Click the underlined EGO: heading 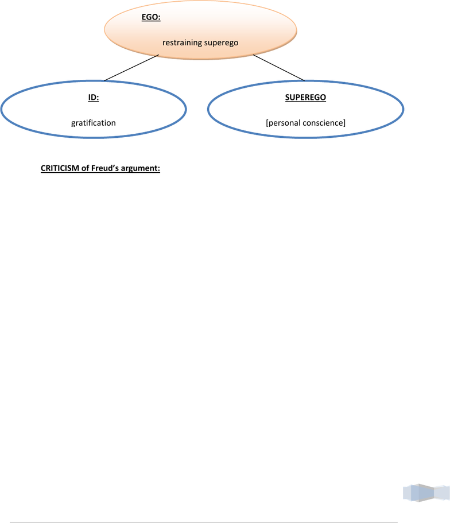(x=151, y=17)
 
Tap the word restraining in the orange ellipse (x=182, y=42)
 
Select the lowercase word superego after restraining (x=221, y=43)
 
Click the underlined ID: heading (x=94, y=98)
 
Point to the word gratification (x=94, y=123)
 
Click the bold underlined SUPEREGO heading (x=305, y=98)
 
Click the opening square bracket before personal (x=267, y=123)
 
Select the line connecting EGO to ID (x=131, y=68)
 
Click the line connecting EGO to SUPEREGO (x=279, y=68)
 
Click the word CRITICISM (x=60, y=168)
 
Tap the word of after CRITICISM (x=86, y=168)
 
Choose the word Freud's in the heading (x=105, y=168)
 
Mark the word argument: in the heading (x=141, y=168)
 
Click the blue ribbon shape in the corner (x=426, y=493)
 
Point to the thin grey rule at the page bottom (x=204, y=522)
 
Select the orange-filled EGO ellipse (x=200, y=30)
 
